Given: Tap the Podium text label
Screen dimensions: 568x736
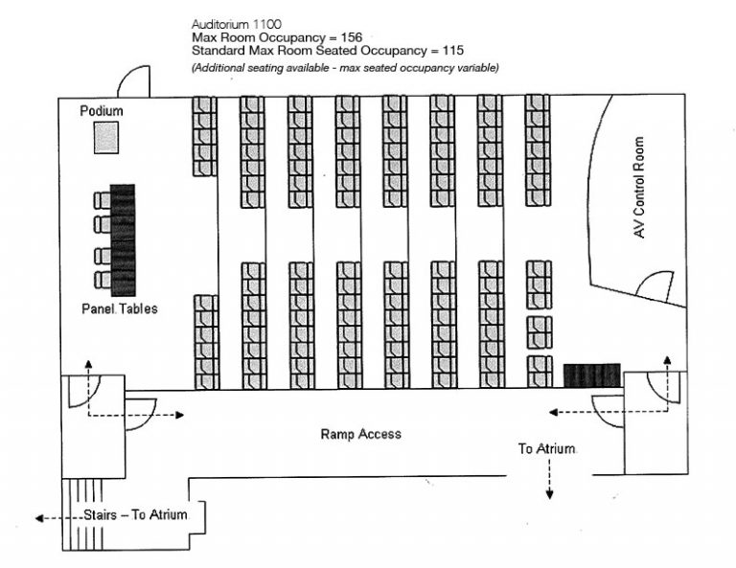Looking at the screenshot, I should (x=102, y=111).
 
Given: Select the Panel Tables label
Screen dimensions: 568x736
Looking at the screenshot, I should (x=120, y=309).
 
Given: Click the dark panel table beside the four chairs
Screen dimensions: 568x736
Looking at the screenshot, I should (x=123, y=239).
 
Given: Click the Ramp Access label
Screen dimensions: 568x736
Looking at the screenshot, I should (x=360, y=434).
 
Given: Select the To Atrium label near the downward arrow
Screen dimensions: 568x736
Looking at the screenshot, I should (x=547, y=448).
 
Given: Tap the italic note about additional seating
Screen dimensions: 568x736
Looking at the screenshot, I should (x=345, y=67).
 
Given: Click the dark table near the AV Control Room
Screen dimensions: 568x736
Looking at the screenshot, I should (x=592, y=375).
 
